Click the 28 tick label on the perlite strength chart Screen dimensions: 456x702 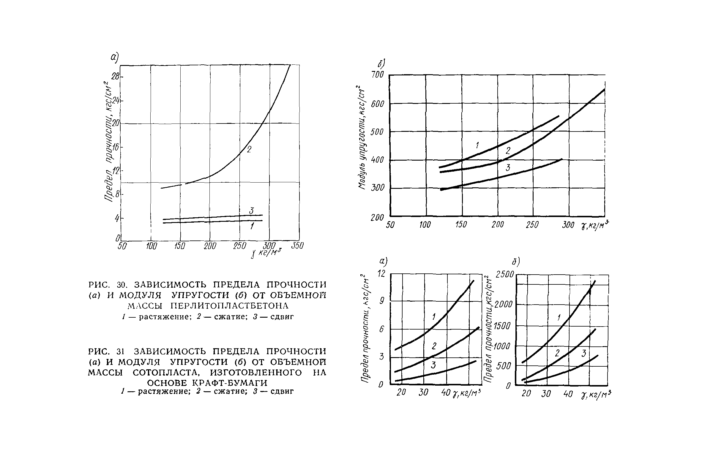(115, 77)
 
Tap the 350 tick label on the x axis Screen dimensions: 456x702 (297, 246)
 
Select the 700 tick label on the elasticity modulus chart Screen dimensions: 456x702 (378, 75)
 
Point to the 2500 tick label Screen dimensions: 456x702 (505, 275)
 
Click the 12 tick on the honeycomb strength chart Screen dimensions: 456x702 (381, 274)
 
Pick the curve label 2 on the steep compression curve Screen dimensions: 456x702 (249, 150)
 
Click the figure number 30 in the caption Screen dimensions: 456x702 (122, 285)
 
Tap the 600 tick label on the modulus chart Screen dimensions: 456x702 (378, 104)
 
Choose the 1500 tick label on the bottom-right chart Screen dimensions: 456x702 (502, 326)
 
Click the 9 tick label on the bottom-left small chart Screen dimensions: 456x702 (382, 301)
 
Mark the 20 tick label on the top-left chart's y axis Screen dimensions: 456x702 (115, 123)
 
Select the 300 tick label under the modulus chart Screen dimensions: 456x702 (568, 225)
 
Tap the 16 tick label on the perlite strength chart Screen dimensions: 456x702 (115, 147)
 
